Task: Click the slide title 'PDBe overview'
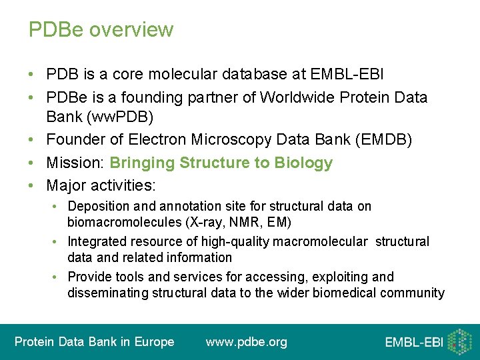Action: pyautogui.click(x=101, y=30)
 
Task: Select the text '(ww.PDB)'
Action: pyautogui.click(x=99, y=118)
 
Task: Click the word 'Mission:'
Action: pyautogui.click(x=75, y=163)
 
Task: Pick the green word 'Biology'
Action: pyautogui.click(x=303, y=163)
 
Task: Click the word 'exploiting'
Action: pyautogui.click(x=323, y=277)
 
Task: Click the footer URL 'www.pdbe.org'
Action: pyautogui.click(x=247, y=342)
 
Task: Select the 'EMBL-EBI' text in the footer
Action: pyautogui.click(x=413, y=343)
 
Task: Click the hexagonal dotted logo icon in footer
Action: pyautogui.click(x=459, y=341)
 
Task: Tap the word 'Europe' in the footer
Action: pyautogui.click(x=155, y=342)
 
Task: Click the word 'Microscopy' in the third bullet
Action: pyautogui.click(x=232, y=140)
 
